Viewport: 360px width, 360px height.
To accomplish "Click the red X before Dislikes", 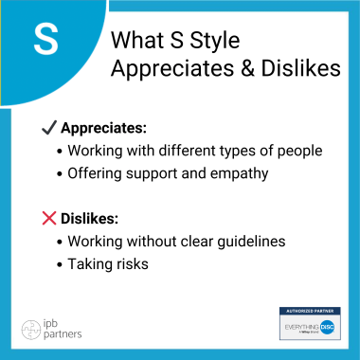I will (49, 218).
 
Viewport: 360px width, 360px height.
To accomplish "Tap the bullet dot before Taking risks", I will (62, 264).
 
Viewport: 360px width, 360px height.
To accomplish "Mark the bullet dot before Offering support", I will (62, 174).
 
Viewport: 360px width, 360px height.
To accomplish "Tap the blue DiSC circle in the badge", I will (327, 324).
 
